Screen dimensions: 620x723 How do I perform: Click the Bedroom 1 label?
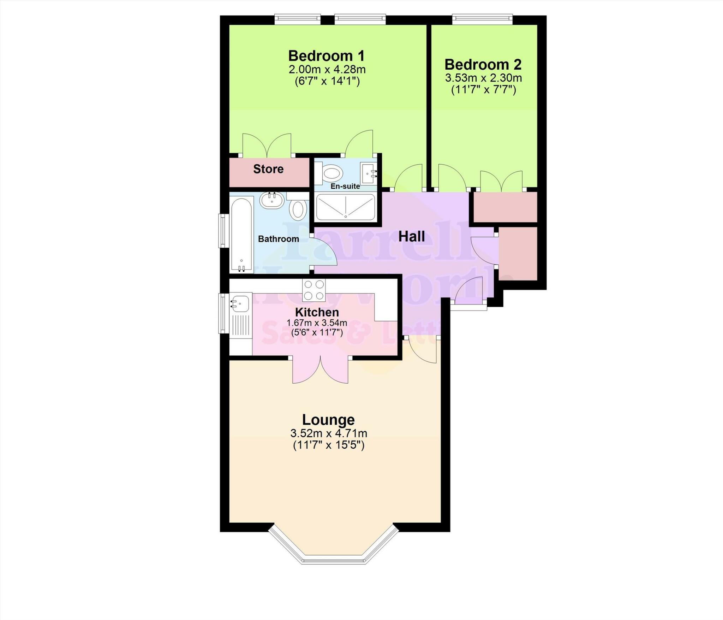(x=326, y=56)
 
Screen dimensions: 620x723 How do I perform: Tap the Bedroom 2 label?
(x=483, y=65)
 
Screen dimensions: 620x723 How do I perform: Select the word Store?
(x=268, y=169)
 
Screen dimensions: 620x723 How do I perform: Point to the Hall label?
(x=411, y=237)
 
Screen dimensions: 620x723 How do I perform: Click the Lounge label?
(x=328, y=420)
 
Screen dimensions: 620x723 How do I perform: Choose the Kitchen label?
(x=317, y=312)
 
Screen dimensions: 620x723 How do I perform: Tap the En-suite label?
(x=345, y=186)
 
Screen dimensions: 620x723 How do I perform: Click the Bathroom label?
(x=278, y=239)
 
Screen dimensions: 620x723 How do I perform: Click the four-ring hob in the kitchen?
(x=313, y=290)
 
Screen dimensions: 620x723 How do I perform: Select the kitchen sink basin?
(x=239, y=303)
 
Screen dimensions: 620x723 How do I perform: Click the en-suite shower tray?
(x=345, y=207)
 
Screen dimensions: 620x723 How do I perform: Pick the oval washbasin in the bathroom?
(x=272, y=200)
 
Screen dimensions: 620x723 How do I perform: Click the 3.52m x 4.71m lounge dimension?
(x=328, y=433)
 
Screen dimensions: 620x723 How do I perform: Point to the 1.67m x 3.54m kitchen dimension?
(x=317, y=323)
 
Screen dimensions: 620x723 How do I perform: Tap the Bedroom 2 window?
(x=482, y=17)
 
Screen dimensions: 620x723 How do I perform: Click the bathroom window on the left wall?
(x=223, y=231)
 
